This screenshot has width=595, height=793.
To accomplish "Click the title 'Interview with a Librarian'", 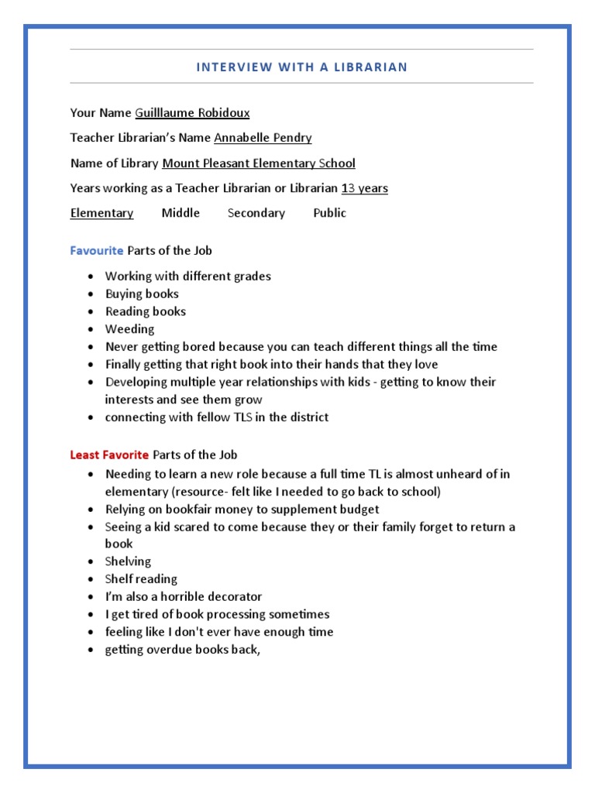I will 301,67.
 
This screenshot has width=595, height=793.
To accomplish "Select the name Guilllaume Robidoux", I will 192,113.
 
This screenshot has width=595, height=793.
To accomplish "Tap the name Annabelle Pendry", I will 263,138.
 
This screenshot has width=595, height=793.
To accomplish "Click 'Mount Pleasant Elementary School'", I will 258,163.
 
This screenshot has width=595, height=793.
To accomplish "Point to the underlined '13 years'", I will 364,188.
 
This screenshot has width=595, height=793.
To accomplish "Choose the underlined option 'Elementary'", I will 101,213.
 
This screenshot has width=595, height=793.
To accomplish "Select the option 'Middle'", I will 181,213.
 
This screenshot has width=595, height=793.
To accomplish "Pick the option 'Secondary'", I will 256,213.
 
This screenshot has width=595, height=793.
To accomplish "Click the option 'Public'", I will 329,213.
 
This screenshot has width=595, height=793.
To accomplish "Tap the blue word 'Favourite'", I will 97,251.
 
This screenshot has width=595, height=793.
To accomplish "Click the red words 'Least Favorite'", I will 109,455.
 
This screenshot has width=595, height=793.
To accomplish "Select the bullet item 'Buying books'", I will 142,294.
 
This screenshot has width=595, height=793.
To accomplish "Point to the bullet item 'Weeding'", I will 129,329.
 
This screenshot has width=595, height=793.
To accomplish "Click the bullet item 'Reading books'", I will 146,311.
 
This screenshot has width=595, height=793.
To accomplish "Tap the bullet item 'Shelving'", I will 128,561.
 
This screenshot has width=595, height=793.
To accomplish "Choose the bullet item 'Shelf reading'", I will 141,579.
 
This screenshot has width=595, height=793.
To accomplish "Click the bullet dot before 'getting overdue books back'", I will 91,650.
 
